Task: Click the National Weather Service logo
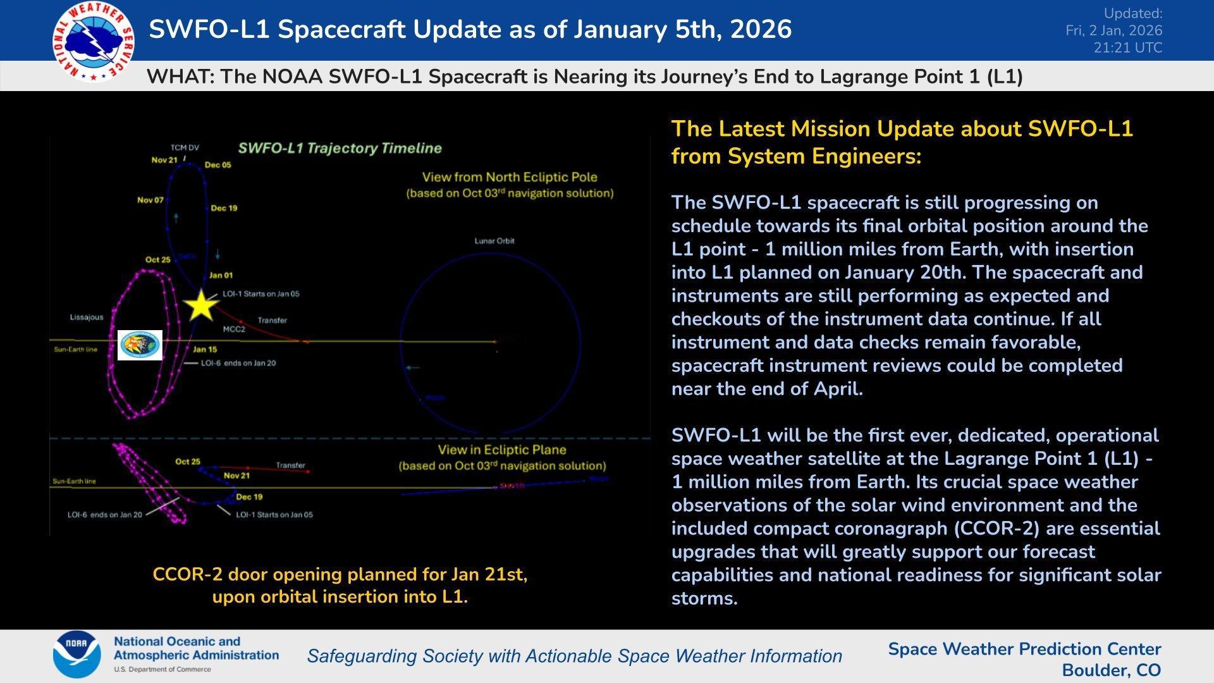coord(93,41)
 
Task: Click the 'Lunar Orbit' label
coord(494,241)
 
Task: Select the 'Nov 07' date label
coord(150,200)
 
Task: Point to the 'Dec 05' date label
coord(218,165)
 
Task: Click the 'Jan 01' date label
coord(221,275)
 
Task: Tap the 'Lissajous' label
coord(87,317)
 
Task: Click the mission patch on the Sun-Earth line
coord(140,345)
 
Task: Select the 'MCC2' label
coord(234,329)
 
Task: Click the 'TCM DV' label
coord(185,148)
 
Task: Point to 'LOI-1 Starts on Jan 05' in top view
coord(261,294)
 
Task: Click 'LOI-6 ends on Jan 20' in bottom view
coord(105,515)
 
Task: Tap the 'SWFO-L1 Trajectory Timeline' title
coord(340,149)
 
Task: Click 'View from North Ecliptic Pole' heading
coord(510,178)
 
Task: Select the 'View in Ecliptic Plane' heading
coord(502,450)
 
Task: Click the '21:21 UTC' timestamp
coord(1128,48)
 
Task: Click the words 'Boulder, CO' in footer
coord(1111,670)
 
